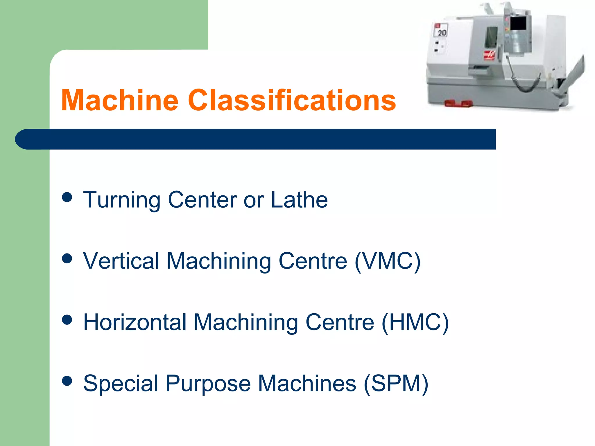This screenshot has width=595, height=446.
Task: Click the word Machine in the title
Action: [x=120, y=100]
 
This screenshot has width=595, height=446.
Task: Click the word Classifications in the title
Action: [x=292, y=100]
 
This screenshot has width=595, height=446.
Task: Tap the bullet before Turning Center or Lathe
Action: [x=67, y=197]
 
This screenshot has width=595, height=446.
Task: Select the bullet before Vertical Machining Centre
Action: [x=67, y=258]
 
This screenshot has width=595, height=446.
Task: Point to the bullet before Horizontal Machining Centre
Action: [x=67, y=320]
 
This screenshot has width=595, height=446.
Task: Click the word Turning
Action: [x=121, y=200]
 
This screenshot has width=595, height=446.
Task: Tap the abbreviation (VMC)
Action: [x=388, y=261]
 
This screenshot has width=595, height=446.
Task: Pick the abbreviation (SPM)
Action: [x=396, y=384]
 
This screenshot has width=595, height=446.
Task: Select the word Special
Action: [x=121, y=384]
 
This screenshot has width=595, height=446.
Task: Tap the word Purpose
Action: [x=208, y=384]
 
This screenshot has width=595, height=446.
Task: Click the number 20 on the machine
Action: [x=442, y=33]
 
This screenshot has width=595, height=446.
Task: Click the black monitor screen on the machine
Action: [x=518, y=24]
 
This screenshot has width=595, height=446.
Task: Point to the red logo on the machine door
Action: [x=489, y=55]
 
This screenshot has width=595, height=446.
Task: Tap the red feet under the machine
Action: [x=458, y=104]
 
